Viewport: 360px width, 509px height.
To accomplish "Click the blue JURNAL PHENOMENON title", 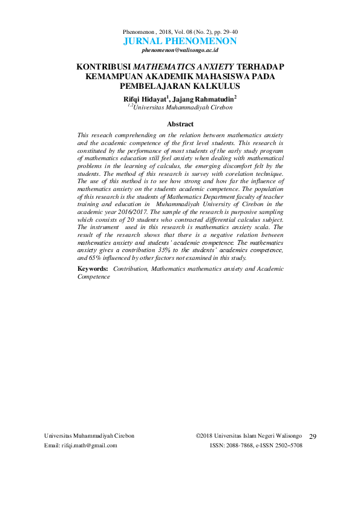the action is (x=180, y=41).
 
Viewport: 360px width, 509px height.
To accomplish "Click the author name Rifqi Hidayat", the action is (x=146, y=98).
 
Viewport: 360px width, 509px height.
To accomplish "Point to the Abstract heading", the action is (x=180, y=124).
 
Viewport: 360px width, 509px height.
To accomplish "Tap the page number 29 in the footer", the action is (x=313, y=436).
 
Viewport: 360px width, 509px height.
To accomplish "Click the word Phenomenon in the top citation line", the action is (x=139, y=30).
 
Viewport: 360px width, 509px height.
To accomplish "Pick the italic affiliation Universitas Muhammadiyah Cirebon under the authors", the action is (x=183, y=108).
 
